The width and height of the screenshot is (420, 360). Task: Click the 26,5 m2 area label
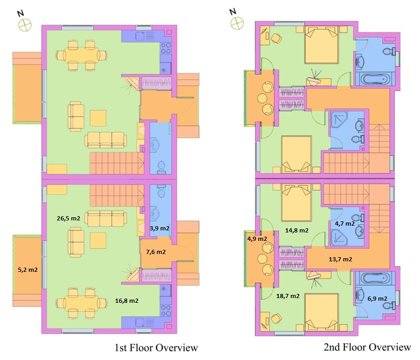pos(68,218)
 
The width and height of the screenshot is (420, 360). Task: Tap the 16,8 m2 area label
pos(127,301)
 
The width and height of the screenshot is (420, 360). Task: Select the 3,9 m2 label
pos(160,228)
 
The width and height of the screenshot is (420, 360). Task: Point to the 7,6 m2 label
pos(155,252)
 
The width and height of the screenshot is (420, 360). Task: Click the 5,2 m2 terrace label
pos(28,270)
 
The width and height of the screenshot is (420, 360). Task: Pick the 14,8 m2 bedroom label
pos(297,230)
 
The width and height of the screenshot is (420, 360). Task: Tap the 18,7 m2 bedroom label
pos(288,296)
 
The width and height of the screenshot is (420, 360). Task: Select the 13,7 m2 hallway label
pos(340,259)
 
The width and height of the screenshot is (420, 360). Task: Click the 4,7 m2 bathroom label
pos(345,224)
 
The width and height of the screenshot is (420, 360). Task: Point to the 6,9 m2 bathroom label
pos(377,299)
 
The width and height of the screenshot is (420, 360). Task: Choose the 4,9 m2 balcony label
pos(257,239)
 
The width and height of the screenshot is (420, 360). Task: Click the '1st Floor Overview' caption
pos(156,348)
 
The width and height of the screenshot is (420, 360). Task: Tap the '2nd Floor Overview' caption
pos(367,347)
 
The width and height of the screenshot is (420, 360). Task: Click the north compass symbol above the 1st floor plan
pos(25,25)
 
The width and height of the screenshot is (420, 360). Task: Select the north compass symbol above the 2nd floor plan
pos(237,23)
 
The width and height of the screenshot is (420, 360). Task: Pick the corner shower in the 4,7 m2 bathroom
pos(339,237)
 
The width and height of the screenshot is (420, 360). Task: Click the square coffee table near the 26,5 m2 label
pos(98,241)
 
